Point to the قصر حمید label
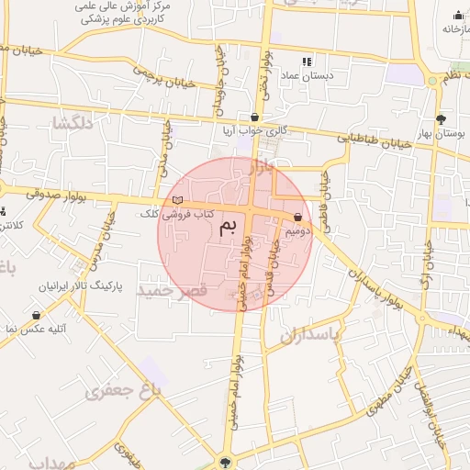[x=174, y=290]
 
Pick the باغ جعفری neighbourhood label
[x=124, y=392]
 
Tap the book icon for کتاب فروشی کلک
[x=177, y=200]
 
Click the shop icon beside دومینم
[x=298, y=218]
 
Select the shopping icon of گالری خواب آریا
[x=254, y=117]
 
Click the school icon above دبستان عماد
[x=307, y=61]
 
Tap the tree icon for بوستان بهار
[x=442, y=118]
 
